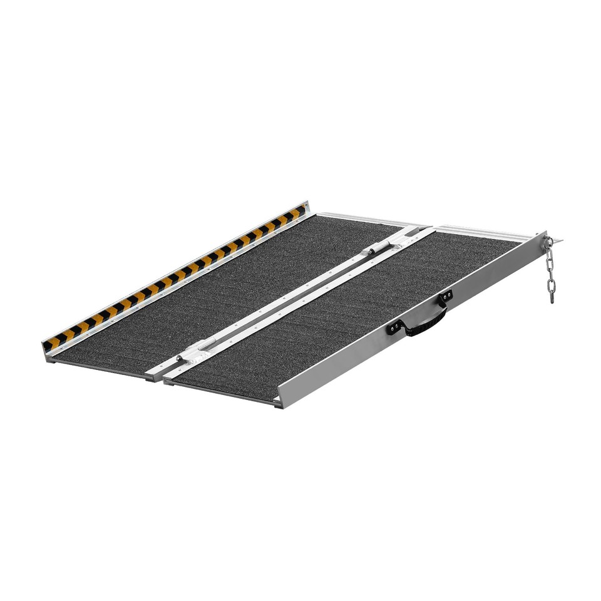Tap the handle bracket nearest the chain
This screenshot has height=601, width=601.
coord(445,297)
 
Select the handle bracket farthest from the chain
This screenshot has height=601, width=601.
coord(395,327)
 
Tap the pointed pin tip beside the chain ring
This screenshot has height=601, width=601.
coord(559,238)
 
